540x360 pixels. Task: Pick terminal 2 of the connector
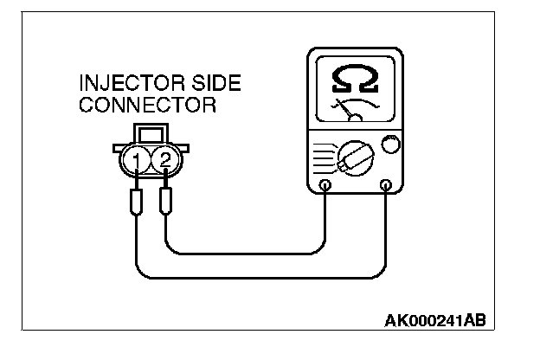162,160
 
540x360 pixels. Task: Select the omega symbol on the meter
356,80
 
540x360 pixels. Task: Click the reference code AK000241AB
434,321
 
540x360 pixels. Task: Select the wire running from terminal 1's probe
260,278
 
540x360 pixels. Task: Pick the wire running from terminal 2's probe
251,254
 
